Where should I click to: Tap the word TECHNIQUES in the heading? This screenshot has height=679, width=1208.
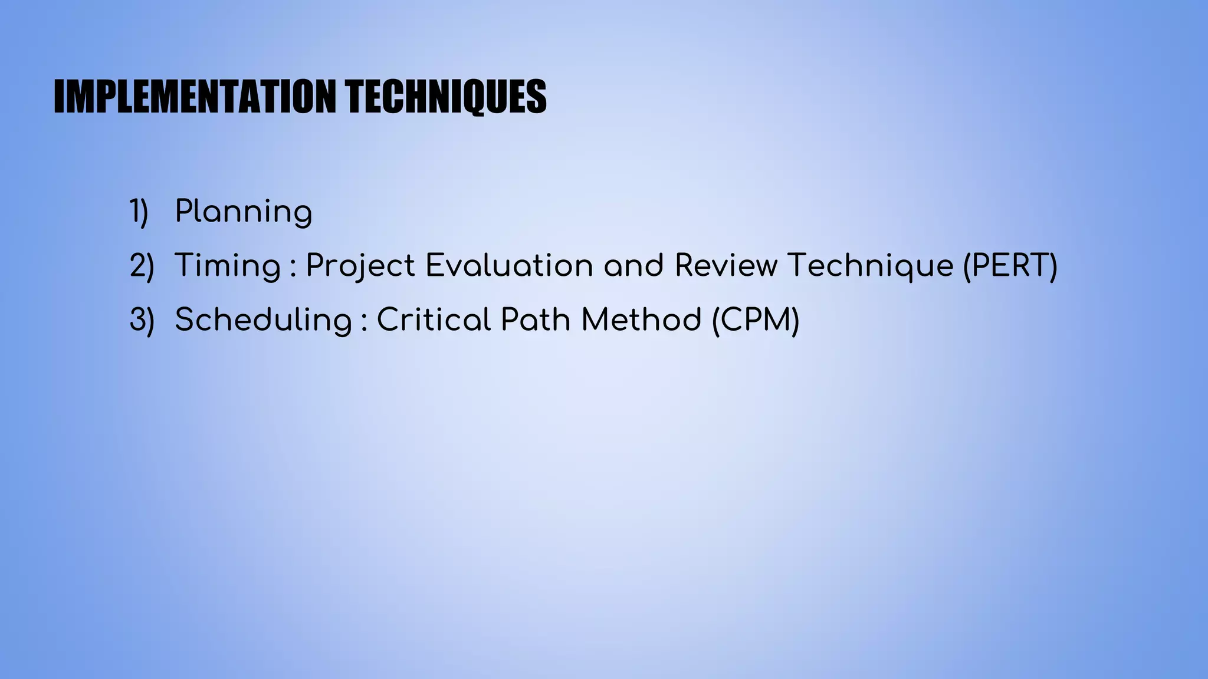[446, 96]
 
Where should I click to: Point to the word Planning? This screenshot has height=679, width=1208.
[243, 212]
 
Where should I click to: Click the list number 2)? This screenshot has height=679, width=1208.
[142, 266]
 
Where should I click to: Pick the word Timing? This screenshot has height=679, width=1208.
[228, 266]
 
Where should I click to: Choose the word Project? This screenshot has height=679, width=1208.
[360, 266]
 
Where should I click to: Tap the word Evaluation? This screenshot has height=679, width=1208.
[509, 265]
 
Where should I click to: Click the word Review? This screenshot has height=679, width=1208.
[726, 265]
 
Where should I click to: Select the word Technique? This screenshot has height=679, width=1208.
[871, 266]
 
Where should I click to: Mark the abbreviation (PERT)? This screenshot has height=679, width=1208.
[1010, 266]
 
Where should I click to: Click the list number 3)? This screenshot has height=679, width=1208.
[142, 320]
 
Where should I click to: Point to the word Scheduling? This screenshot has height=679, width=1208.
[263, 321]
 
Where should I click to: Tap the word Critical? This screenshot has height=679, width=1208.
[434, 319]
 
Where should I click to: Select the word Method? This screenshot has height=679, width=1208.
[641, 319]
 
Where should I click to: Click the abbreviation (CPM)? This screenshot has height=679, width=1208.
[756, 320]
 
